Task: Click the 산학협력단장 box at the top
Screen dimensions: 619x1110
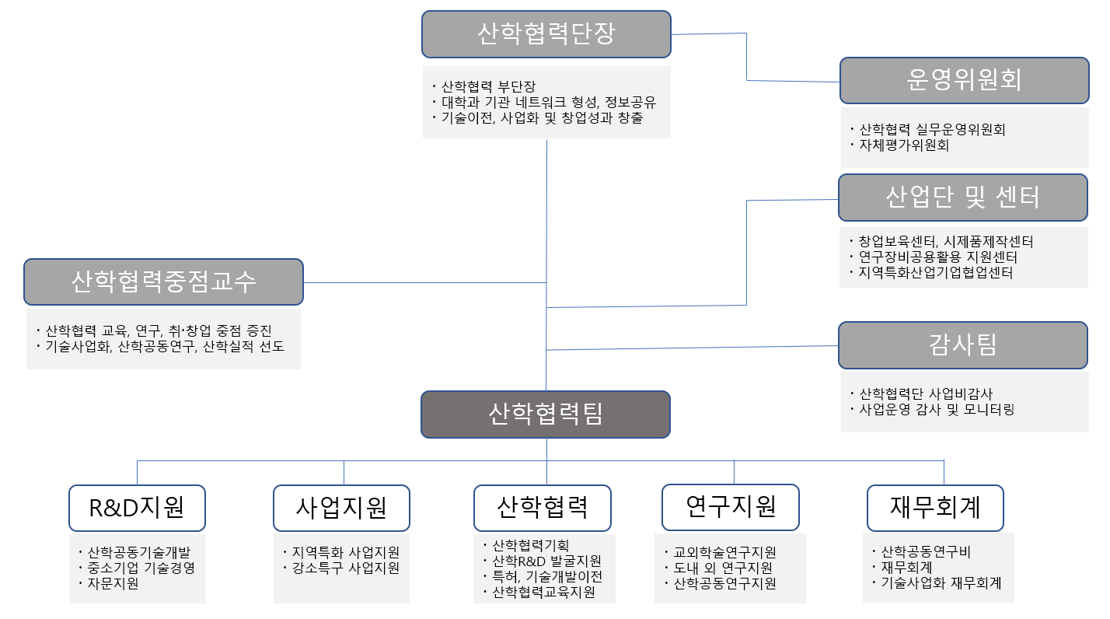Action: (x=546, y=33)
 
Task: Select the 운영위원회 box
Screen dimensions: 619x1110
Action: (x=963, y=80)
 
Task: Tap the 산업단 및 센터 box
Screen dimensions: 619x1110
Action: (x=962, y=198)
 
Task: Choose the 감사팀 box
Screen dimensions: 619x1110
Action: (x=962, y=344)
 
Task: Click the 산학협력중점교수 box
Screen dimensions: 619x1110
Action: (x=163, y=282)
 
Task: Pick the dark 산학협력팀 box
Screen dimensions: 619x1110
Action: (x=546, y=414)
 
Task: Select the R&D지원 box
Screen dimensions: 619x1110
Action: (x=137, y=508)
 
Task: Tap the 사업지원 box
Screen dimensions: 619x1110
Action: (x=341, y=508)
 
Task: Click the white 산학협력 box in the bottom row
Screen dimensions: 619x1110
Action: (x=543, y=508)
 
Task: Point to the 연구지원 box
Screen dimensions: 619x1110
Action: (x=731, y=507)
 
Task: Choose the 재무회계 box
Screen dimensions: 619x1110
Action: (x=935, y=508)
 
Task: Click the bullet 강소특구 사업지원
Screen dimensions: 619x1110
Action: (x=345, y=568)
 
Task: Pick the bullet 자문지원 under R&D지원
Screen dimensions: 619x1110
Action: (x=113, y=583)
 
